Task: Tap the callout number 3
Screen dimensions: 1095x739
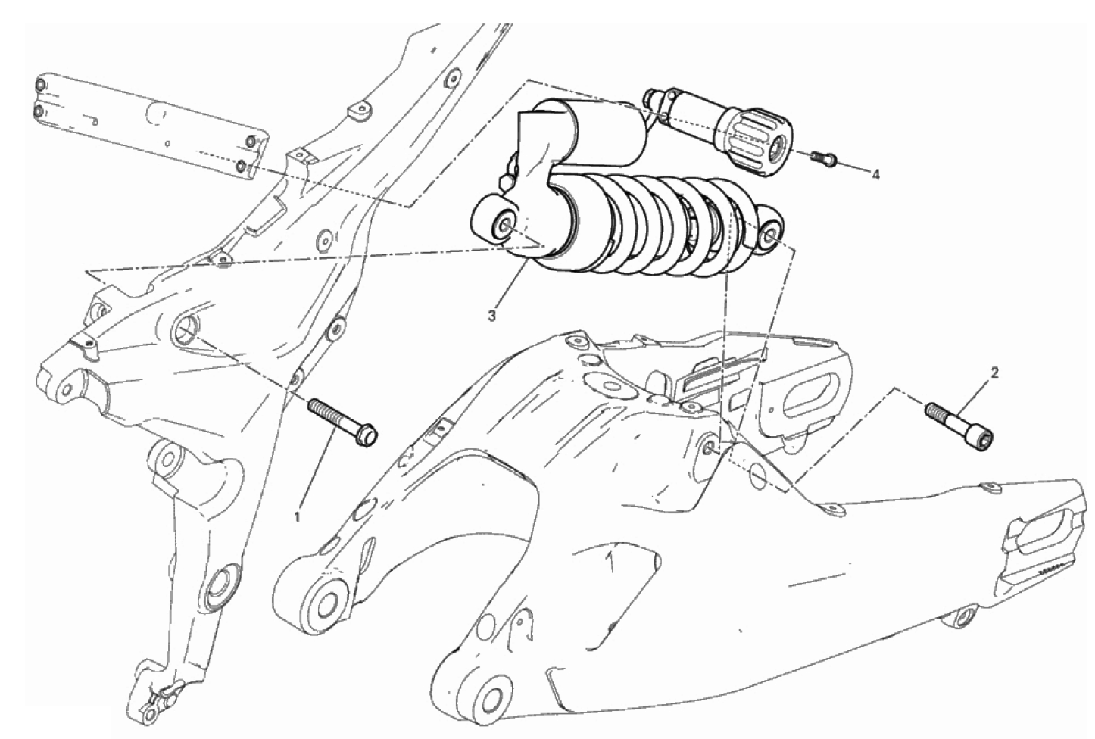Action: click(x=491, y=316)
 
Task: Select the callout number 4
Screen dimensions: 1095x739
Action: click(x=875, y=174)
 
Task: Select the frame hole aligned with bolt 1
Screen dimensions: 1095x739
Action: click(x=186, y=329)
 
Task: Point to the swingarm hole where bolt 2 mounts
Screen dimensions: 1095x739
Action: click(x=710, y=444)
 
